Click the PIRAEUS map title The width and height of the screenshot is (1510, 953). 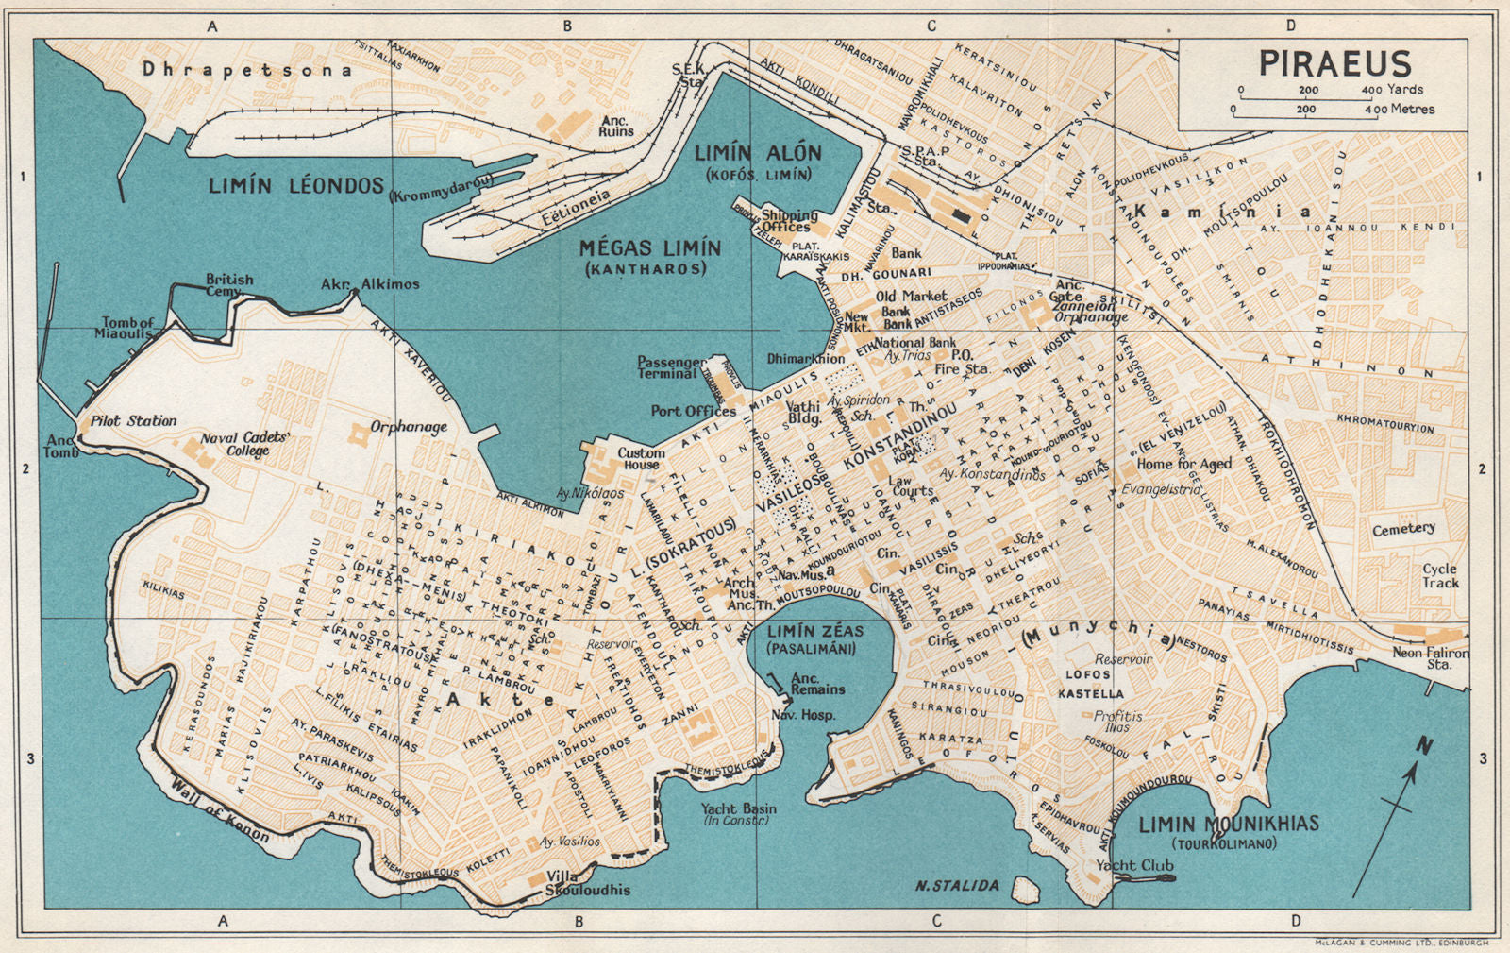(x=1334, y=64)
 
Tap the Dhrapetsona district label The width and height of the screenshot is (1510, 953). (x=246, y=69)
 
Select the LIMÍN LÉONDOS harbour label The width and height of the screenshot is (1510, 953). (x=295, y=186)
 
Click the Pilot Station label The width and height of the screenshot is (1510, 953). (x=133, y=421)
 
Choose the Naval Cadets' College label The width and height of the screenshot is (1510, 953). (x=244, y=444)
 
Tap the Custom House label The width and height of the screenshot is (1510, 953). (x=641, y=458)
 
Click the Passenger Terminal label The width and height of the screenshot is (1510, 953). (x=670, y=367)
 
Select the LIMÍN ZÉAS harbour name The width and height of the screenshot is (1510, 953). (x=814, y=631)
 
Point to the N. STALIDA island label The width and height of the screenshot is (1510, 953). (x=957, y=885)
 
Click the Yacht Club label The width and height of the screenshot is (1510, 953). (x=1134, y=865)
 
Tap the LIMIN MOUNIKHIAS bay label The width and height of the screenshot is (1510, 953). (x=1228, y=825)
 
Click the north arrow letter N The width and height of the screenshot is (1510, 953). (x=1423, y=746)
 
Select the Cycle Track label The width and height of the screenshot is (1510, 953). (x=1439, y=575)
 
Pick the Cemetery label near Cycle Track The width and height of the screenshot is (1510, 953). (x=1403, y=530)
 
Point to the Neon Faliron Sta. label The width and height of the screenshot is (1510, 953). (x=1431, y=658)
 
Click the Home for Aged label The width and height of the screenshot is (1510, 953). (x=1183, y=464)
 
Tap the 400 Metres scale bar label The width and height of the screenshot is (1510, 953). (x=1401, y=110)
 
